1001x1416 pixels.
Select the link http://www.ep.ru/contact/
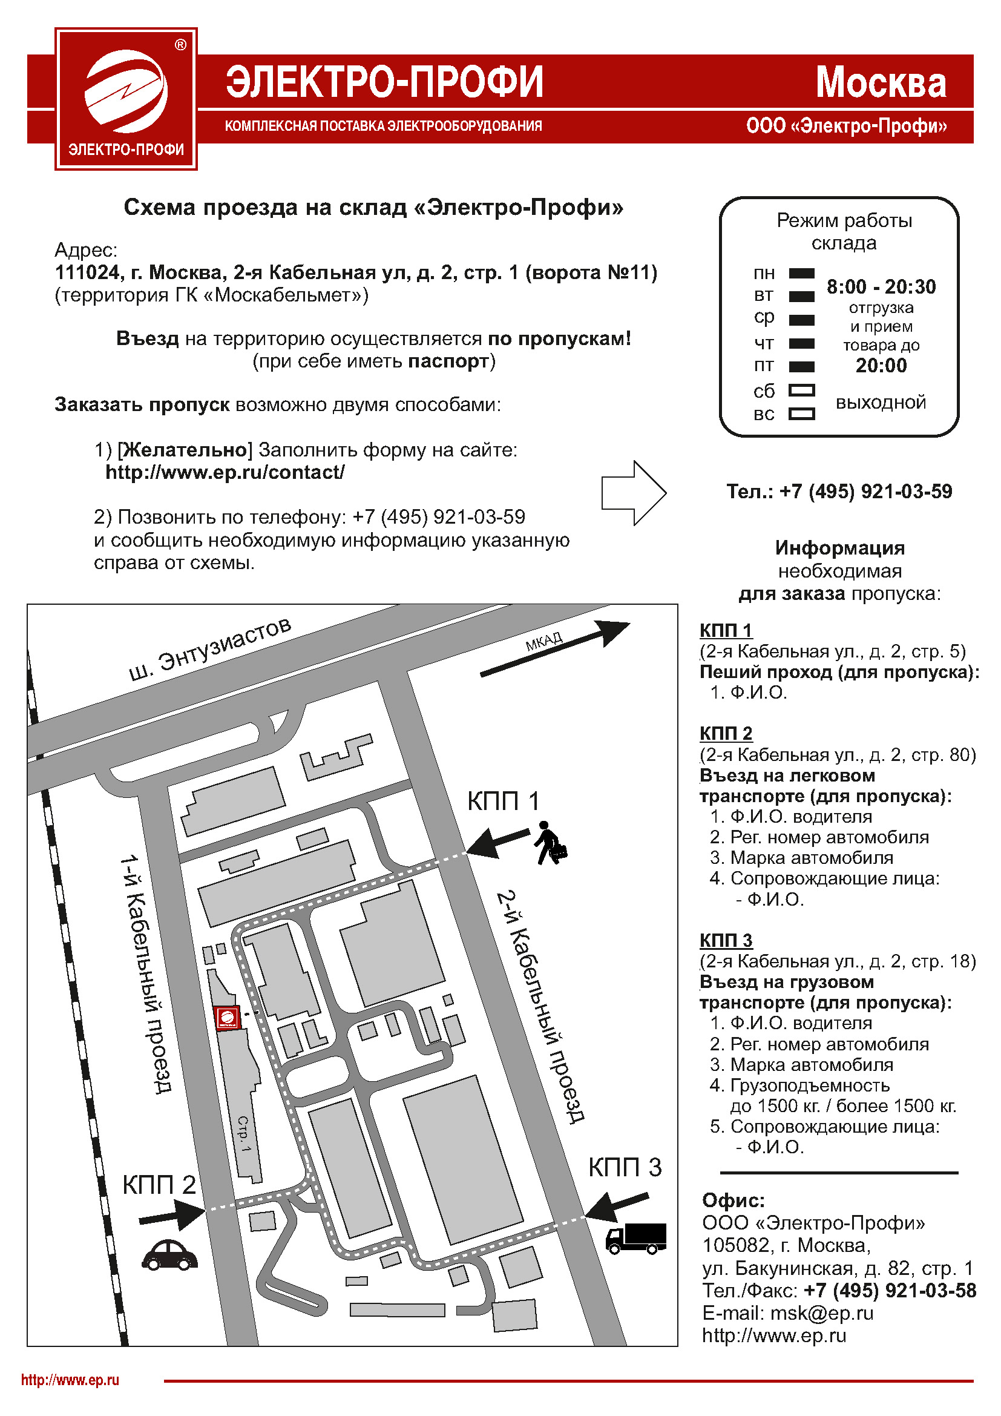point(225,472)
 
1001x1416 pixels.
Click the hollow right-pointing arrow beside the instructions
point(634,493)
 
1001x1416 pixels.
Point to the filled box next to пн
point(801,273)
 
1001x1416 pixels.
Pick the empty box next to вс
point(801,414)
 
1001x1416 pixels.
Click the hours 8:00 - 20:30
point(881,287)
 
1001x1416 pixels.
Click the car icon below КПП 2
point(169,1254)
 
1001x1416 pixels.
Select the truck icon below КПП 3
point(635,1238)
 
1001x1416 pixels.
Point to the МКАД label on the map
point(543,641)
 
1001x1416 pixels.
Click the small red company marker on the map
point(227,1018)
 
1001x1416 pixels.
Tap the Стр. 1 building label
point(245,1133)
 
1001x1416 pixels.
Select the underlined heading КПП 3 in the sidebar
point(726,940)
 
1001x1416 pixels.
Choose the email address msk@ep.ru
point(822,1313)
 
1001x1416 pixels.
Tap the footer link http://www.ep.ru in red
point(70,1380)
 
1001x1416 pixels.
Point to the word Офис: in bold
point(733,1200)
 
